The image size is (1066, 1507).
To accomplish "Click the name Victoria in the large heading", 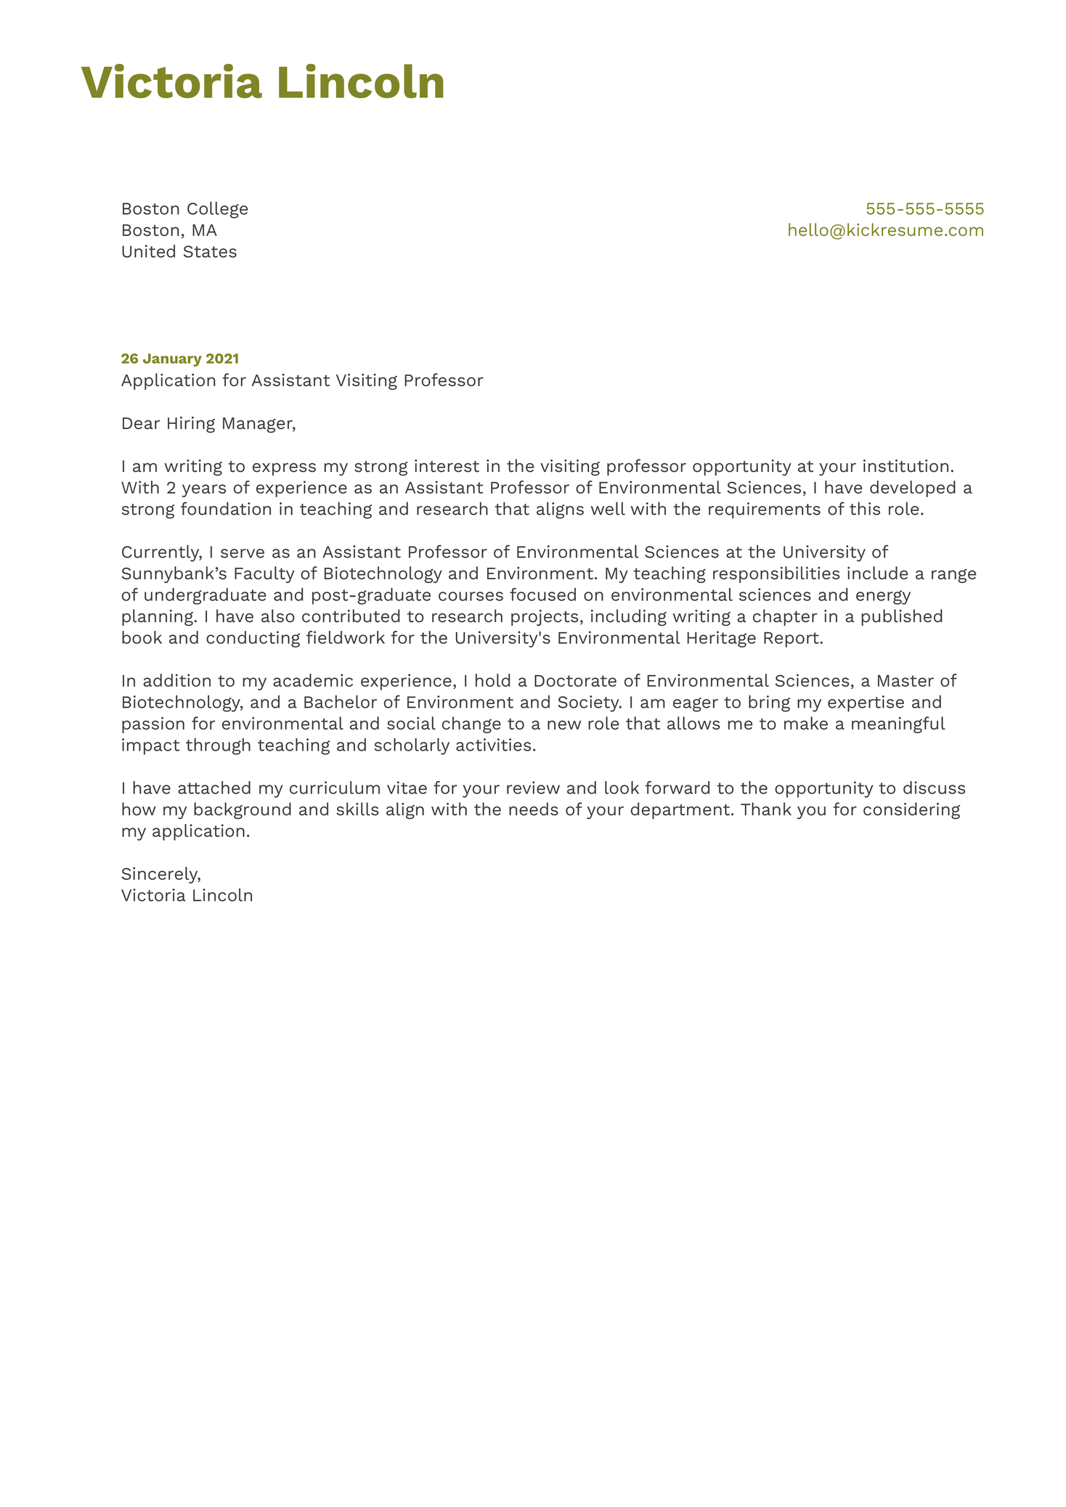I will coord(171,83).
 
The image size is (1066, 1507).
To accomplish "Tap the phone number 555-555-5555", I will coord(924,209).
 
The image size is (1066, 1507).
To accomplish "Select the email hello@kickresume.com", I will coord(885,231).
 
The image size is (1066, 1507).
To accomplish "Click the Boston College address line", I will coord(184,209).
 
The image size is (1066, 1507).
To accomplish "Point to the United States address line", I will coord(179,252).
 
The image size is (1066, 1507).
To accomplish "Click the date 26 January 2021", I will coord(179,359).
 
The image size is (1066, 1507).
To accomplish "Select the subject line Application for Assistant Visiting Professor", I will coord(301,380).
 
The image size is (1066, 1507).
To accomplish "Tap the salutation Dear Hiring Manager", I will coord(208,423).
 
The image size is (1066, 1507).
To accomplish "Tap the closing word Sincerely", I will coord(160,874).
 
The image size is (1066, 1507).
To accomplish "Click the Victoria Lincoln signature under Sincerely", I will coord(187,896).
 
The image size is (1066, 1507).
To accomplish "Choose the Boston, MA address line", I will coord(168,231).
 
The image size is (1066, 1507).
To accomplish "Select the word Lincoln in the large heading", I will coord(360,83).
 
